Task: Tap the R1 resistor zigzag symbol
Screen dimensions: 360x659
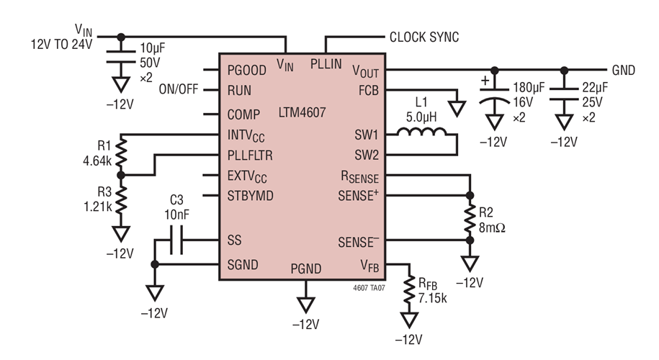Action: tap(120, 155)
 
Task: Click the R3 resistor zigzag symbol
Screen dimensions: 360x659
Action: tap(120, 201)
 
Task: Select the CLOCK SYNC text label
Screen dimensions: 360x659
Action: tap(423, 37)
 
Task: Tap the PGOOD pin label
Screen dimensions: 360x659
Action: tap(248, 71)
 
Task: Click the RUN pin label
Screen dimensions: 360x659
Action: tap(239, 91)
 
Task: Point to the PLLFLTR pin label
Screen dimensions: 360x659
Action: tap(251, 154)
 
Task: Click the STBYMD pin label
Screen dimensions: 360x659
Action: tap(250, 195)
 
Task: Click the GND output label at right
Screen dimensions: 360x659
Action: tap(623, 71)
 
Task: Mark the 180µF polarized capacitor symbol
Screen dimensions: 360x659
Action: tap(493, 98)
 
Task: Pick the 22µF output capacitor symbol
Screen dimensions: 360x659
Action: tap(564, 98)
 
